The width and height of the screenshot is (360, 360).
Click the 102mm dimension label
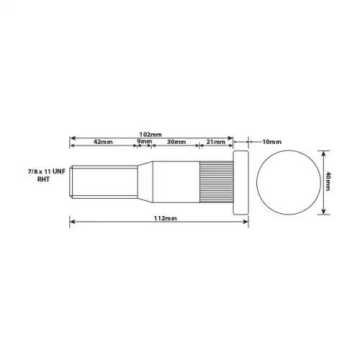[x=150, y=135]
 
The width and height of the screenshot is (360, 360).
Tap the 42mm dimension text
[x=103, y=142]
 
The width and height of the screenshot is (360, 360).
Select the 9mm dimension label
[x=145, y=141]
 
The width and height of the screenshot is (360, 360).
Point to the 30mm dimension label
[x=176, y=142]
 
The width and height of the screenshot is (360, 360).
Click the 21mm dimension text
[x=216, y=142]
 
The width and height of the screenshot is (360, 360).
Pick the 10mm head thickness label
[x=271, y=142]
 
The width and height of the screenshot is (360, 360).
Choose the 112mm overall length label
[x=166, y=218]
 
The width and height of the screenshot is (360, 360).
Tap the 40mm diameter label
[x=328, y=181]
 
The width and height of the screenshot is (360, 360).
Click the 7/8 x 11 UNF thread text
[x=47, y=172]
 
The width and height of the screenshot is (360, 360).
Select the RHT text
[x=43, y=179]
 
